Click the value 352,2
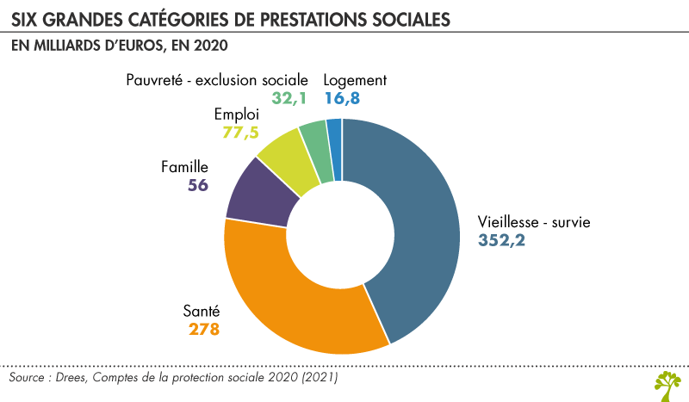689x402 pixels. tap(502, 240)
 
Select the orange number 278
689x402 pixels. tap(204, 330)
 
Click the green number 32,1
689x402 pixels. tap(290, 98)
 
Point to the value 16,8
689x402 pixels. tap(342, 98)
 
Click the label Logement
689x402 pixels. tap(355, 80)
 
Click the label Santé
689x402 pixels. tap(202, 312)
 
